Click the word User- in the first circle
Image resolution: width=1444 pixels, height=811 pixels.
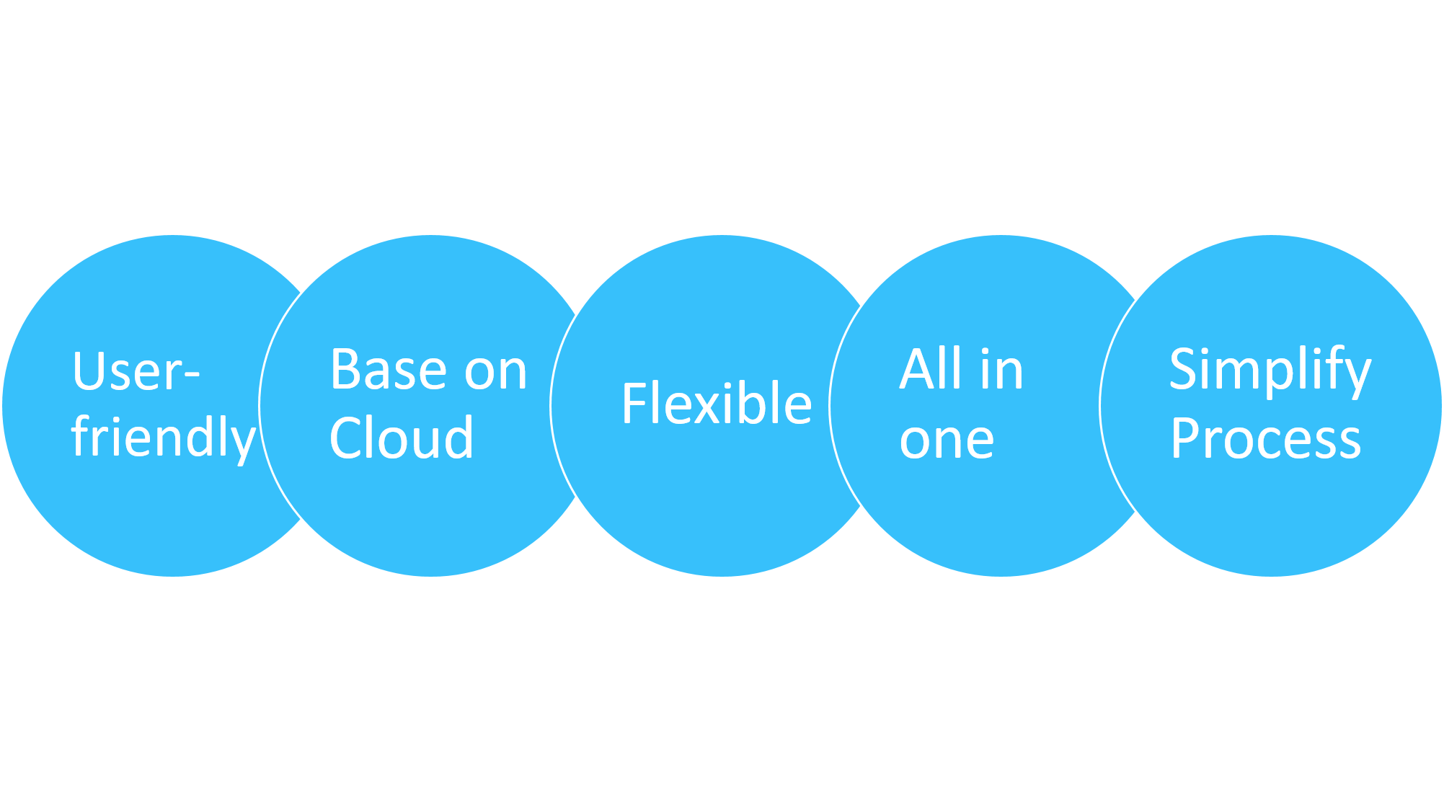click(136, 372)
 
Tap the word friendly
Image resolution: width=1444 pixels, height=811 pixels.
click(163, 437)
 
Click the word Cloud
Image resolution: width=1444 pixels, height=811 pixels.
click(401, 438)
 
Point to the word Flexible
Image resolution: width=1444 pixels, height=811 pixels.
click(717, 404)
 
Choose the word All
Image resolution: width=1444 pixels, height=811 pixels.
click(931, 369)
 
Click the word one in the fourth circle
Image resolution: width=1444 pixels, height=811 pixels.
click(947, 440)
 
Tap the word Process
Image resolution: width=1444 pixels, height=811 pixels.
click(1265, 439)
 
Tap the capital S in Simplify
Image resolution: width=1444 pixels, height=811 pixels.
click(1184, 369)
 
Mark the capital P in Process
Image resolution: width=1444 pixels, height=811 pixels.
click(1184, 438)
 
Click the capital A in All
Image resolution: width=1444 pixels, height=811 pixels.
click(916, 369)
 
